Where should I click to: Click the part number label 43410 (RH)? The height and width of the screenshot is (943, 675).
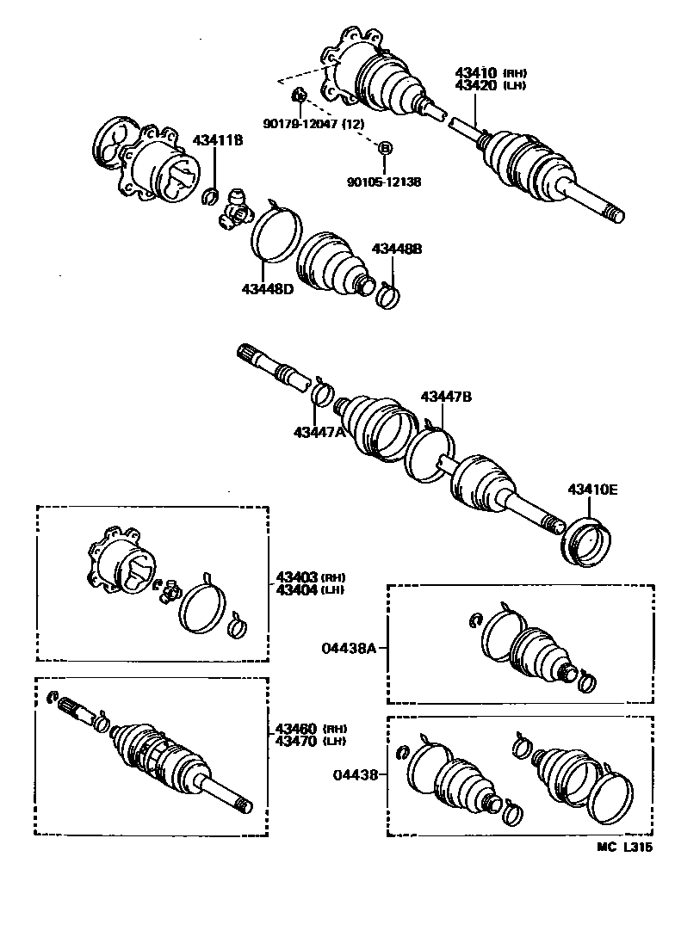(490, 73)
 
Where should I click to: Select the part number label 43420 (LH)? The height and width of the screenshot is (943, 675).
(490, 85)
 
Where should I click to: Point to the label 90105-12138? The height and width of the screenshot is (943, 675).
(384, 182)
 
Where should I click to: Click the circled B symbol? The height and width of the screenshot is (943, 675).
(385, 148)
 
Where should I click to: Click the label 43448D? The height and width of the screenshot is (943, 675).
(268, 288)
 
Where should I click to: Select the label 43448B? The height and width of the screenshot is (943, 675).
(397, 249)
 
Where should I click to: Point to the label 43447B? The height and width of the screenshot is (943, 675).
(446, 397)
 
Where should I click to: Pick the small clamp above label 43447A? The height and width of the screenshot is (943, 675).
(322, 394)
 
